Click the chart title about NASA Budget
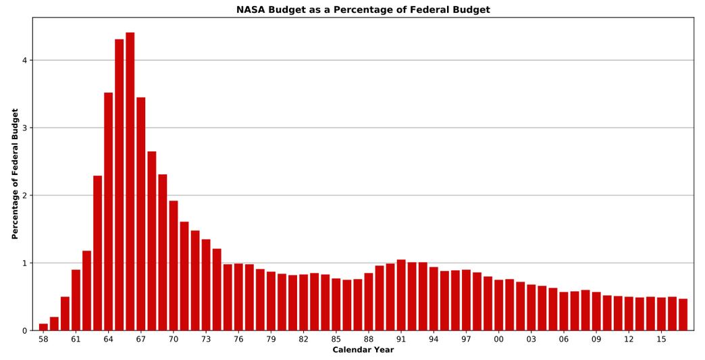click(x=363, y=9)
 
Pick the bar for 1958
click(x=43, y=327)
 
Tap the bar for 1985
click(x=336, y=305)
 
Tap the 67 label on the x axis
click(x=140, y=339)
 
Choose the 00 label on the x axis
click(x=498, y=339)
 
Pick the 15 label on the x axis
click(x=661, y=339)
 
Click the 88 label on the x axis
click(x=368, y=339)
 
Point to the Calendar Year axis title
click(x=363, y=350)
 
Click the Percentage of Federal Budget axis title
click(x=15, y=174)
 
